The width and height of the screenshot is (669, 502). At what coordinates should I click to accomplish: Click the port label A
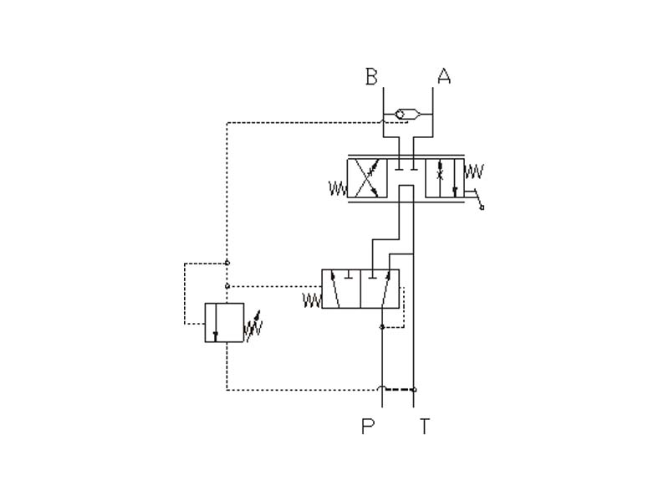(444, 77)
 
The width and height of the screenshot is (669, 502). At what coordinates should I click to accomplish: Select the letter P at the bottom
(369, 427)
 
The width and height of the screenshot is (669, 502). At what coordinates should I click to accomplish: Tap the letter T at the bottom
(425, 427)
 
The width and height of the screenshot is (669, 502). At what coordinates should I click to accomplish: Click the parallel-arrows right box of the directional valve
(446, 177)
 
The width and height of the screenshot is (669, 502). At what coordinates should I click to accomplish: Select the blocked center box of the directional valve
(406, 177)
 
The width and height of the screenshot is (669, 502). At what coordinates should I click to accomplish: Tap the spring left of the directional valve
(337, 189)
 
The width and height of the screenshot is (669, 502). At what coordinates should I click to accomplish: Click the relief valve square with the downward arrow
(224, 323)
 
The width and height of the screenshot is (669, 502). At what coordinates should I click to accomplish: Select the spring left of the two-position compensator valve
(311, 299)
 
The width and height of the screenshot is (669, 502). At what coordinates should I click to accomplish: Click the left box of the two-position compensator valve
(341, 289)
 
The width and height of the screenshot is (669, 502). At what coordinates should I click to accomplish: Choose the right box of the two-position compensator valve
(380, 289)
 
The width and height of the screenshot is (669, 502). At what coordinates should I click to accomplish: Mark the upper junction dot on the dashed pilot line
(227, 263)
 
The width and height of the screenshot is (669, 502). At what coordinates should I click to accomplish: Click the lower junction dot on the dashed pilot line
(227, 284)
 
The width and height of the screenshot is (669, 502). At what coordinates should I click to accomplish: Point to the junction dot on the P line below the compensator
(381, 327)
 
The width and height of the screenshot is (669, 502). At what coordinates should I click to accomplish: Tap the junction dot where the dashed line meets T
(414, 389)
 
